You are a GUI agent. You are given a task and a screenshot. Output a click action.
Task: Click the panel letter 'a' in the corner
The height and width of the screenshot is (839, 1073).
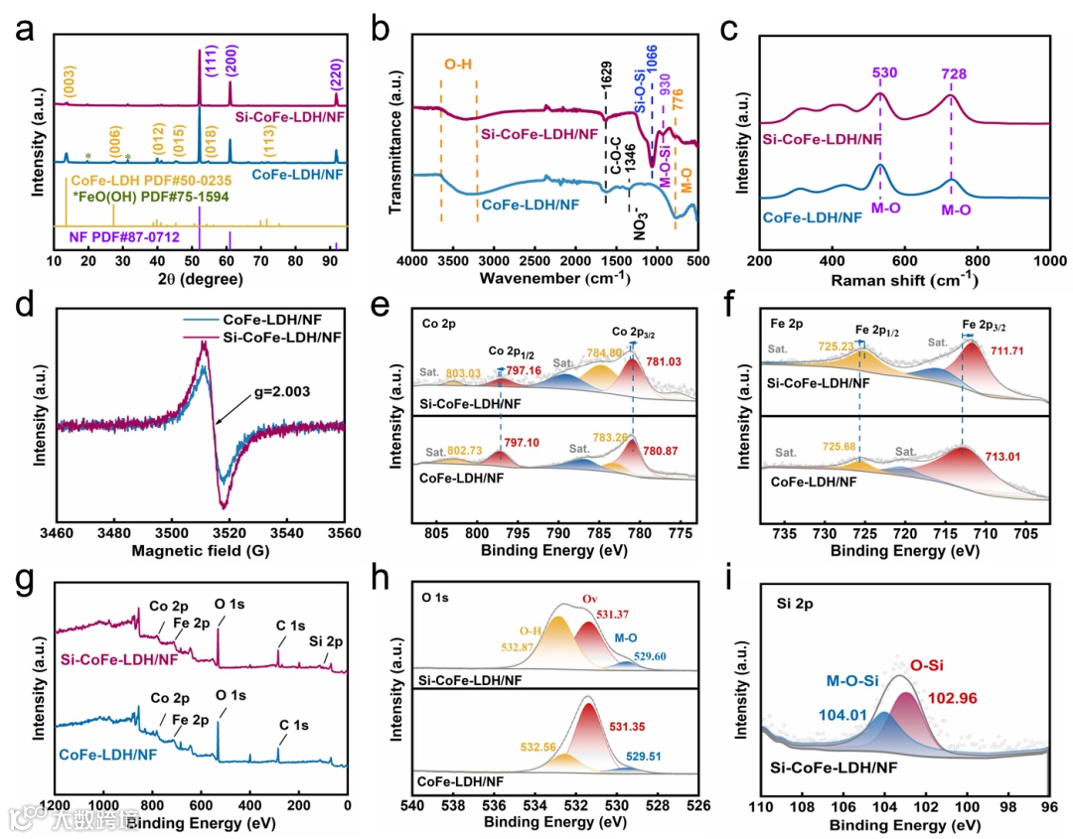click(x=21, y=30)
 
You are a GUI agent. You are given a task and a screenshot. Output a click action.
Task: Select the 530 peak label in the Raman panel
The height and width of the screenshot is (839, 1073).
click(x=879, y=72)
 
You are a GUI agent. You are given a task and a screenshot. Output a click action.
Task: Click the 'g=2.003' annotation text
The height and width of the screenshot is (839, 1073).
click(x=282, y=392)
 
